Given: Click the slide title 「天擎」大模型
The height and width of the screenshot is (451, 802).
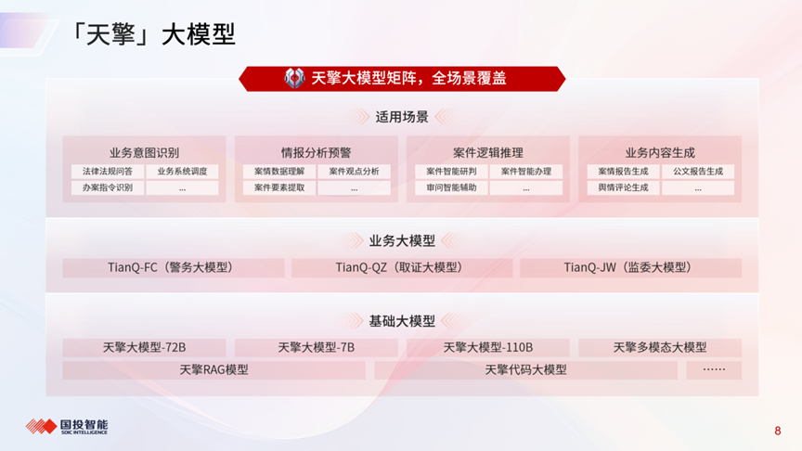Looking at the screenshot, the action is (152, 34).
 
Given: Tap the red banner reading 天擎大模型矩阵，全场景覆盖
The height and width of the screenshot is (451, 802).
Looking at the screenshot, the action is (402, 79).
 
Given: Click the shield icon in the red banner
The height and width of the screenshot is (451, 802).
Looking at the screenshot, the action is (294, 78).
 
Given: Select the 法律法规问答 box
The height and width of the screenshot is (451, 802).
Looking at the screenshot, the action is (108, 172).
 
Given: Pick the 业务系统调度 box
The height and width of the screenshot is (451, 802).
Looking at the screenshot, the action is (182, 172).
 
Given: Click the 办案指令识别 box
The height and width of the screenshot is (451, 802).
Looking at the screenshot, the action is (108, 187).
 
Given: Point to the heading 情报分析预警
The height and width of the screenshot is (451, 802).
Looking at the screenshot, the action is (317, 152).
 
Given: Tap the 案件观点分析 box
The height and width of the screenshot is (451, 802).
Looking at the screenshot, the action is (354, 172).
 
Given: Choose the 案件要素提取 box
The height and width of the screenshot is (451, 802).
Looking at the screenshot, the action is (279, 187).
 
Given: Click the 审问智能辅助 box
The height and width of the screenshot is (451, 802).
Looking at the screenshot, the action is (451, 187).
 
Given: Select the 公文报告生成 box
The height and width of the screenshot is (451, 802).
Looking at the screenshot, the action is (698, 172).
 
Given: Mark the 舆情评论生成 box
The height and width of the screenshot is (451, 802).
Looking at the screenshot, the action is (623, 187).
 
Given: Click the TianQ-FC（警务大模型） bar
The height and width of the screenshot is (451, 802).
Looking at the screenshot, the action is (174, 268).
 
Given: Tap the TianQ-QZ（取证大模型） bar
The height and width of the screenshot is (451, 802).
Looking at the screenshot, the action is (402, 268).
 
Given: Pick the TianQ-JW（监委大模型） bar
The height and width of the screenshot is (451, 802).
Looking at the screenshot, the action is (630, 268).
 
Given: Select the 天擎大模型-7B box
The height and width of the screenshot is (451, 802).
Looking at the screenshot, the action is (317, 348).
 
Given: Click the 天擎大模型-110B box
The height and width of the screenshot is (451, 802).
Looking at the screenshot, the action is (488, 348).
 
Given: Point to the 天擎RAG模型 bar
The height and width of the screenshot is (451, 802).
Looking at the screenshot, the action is (213, 370).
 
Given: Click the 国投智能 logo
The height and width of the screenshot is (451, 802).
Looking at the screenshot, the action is (67, 427).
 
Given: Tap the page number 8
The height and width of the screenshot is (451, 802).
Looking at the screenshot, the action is (778, 432).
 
